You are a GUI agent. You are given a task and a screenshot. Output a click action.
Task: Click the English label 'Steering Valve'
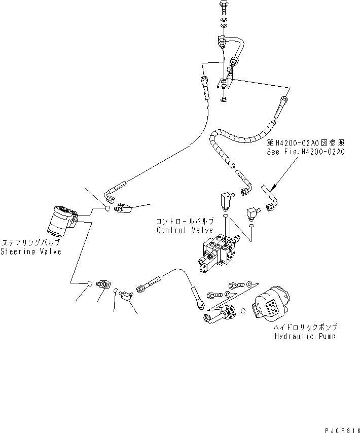[30, 251]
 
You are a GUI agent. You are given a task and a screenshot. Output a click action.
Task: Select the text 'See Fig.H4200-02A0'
[306, 152]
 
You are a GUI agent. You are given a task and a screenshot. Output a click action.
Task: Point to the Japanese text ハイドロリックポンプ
[305, 328]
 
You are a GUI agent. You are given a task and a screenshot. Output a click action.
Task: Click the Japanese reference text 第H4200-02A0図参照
[306, 143]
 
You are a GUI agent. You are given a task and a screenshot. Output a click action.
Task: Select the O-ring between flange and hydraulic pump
[243, 310]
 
